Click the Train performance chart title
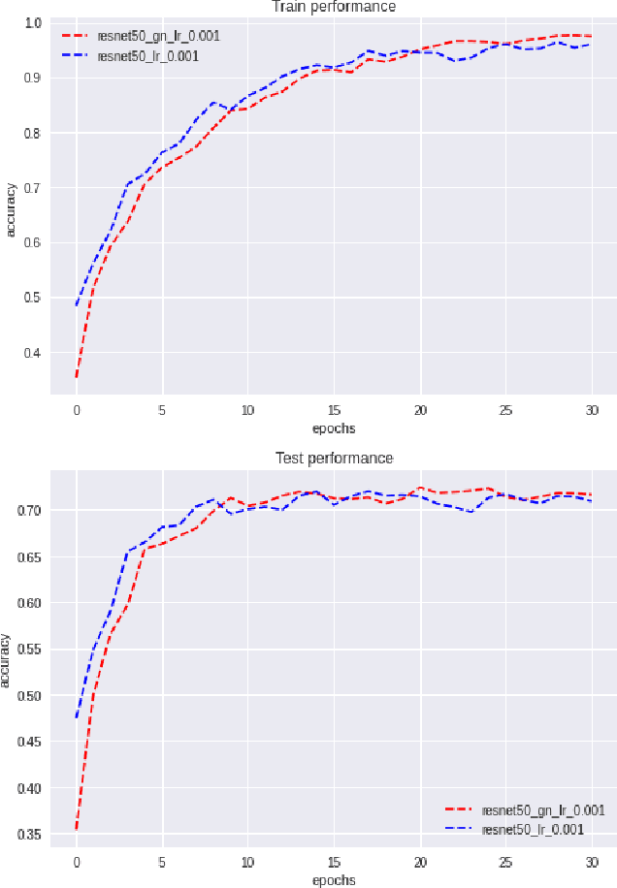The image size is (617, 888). point(334,8)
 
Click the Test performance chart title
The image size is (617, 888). point(334,458)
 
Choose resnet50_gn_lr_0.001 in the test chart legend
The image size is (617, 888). point(544,809)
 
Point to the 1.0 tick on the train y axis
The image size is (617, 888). point(33,22)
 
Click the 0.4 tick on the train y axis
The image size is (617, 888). point(33,353)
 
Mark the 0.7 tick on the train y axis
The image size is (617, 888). point(33,188)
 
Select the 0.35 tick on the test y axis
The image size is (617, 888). point(30,835)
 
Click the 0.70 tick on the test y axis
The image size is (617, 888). point(30,510)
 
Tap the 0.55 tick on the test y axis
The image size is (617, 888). point(30,650)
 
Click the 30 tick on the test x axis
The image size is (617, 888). point(591,861)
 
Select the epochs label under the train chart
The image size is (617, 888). point(334,428)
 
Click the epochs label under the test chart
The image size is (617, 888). point(334,880)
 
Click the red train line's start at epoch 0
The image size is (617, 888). point(76,376)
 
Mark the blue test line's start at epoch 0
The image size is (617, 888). point(76,717)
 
